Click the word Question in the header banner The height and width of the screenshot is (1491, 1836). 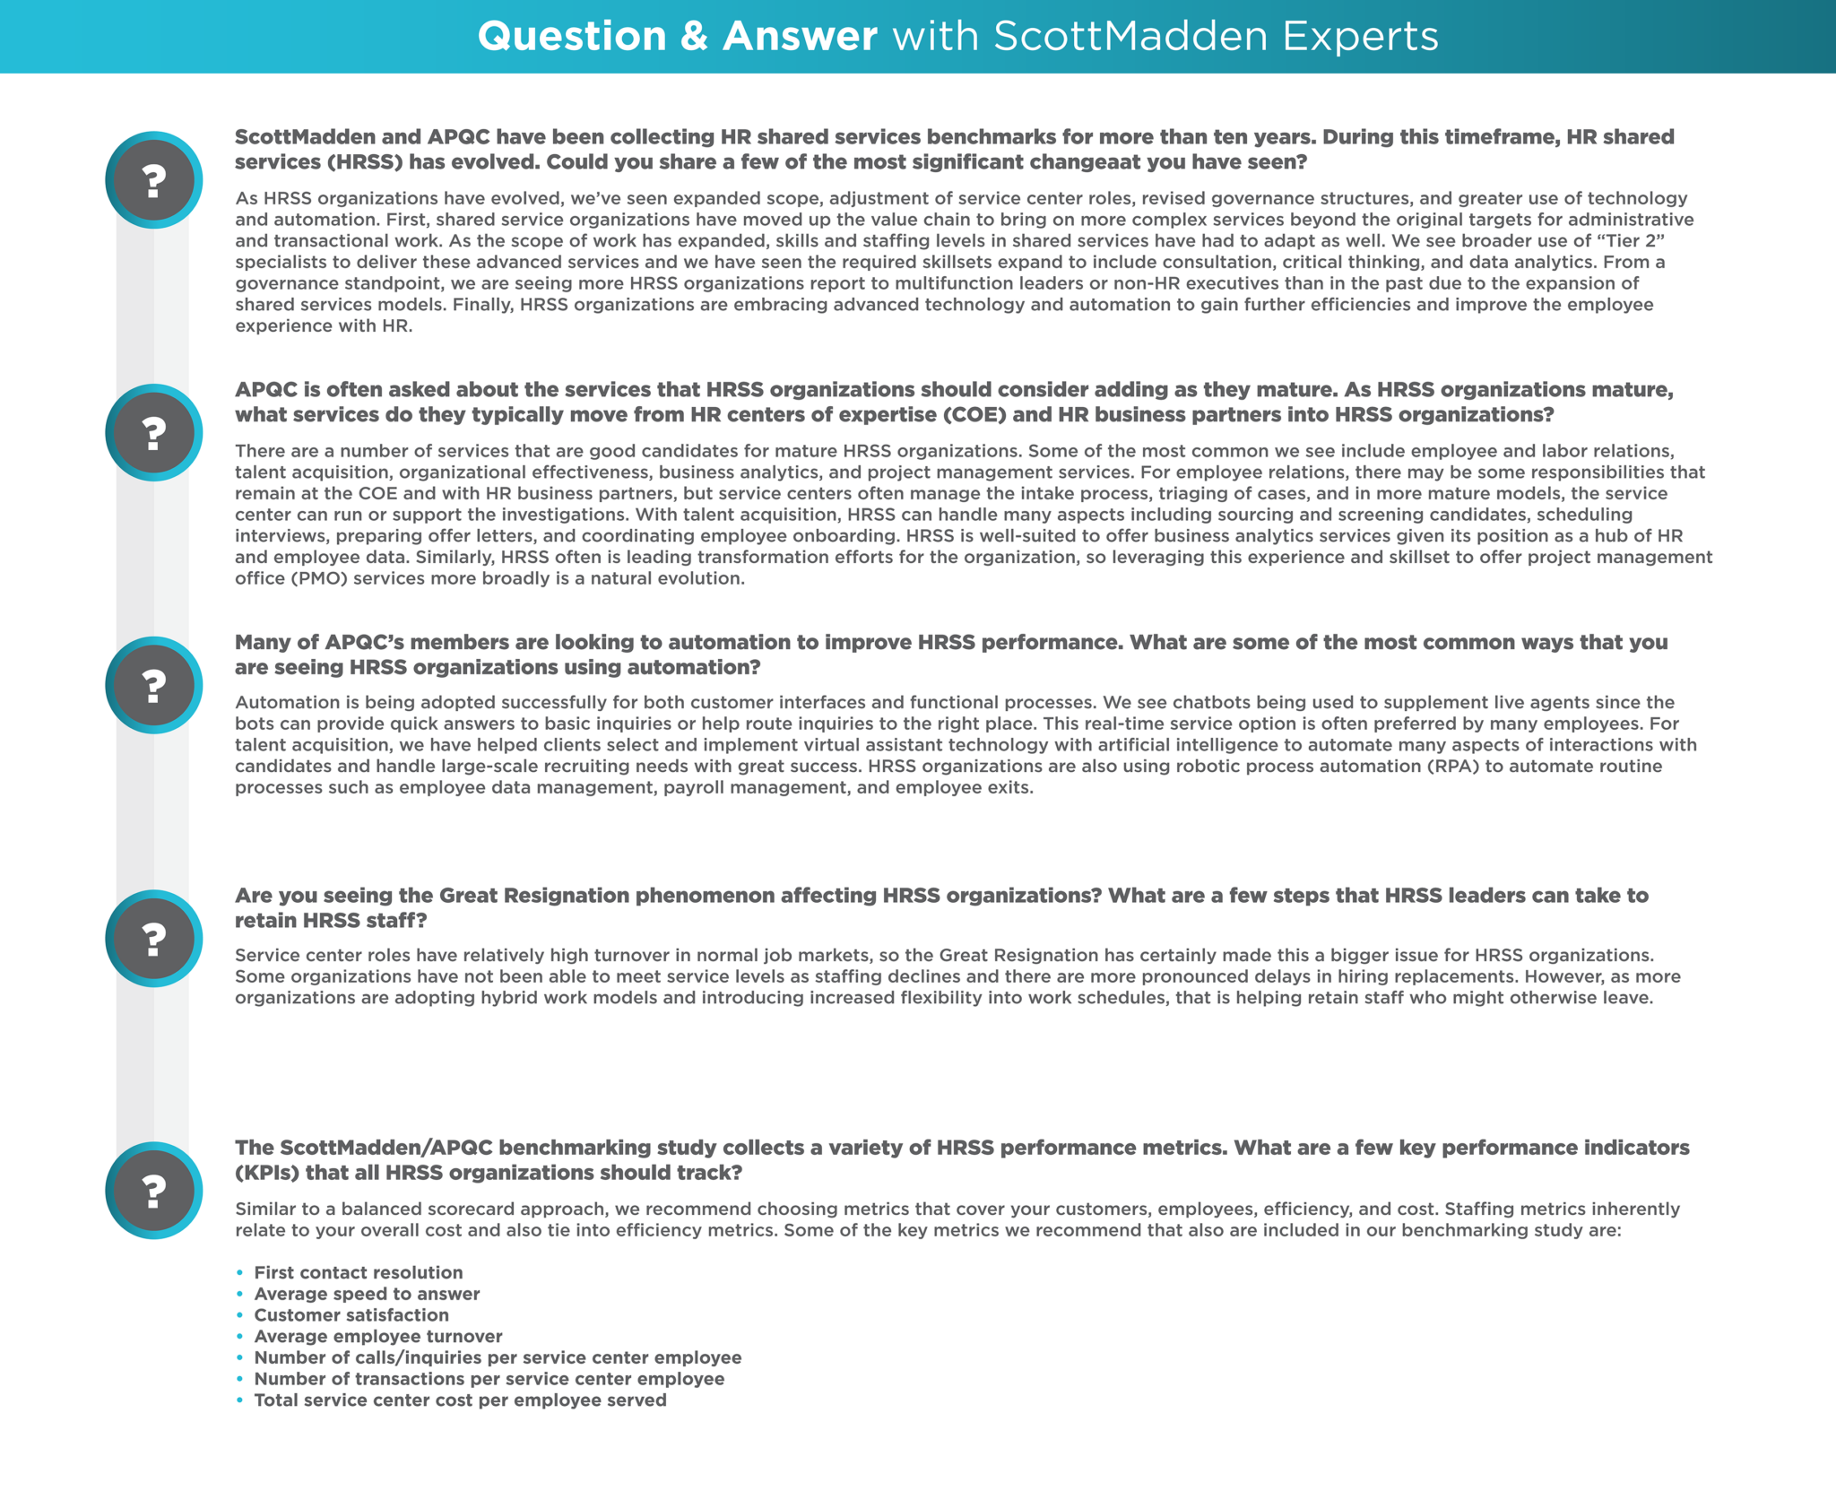point(572,37)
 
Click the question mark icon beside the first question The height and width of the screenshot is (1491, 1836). point(154,180)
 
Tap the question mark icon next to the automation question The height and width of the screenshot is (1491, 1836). point(154,686)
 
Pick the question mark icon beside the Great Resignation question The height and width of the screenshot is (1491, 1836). point(154,939)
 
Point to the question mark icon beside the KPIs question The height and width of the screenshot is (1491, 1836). point(154,1191)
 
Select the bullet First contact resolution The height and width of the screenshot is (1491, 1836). point(359,1273)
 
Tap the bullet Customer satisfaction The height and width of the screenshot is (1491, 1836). point(351,1315)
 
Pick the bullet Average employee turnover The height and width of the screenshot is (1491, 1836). point(377,1337)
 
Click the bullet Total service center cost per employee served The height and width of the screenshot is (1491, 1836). point(460,1400)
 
